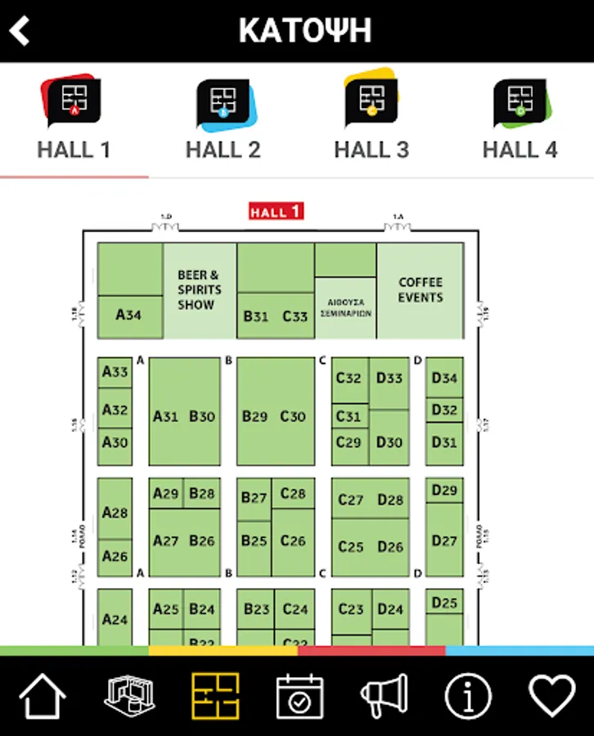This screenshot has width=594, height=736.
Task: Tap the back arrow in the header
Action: (x=20, y=31)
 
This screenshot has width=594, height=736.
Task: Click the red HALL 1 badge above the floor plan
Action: (x=276, y=211)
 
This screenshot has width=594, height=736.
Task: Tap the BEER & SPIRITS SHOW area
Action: (x=199, y=290)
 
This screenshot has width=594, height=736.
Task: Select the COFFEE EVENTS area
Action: (x=420, y=290)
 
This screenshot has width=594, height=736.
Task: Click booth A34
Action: (x=129, y=315)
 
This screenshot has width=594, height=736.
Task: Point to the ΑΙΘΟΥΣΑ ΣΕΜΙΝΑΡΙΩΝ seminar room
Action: (x=344, y=307)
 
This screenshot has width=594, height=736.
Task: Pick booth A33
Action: (x=115, y=372)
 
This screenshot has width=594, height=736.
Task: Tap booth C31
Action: (x=349, y=415)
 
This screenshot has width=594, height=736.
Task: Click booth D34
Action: (x=444, y=378)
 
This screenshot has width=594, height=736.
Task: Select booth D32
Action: (x=444, y=410)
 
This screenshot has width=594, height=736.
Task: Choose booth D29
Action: (x=444, y=490)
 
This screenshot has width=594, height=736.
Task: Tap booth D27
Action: (x=444, y=540)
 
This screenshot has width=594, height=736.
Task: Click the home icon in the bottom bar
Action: (x=42, y=697)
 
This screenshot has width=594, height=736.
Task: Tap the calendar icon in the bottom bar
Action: (x=299, y=697)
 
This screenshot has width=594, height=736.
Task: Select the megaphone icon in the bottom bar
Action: (x=384, y=697)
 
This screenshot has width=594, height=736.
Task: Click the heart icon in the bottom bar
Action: (x=551, y=697)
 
